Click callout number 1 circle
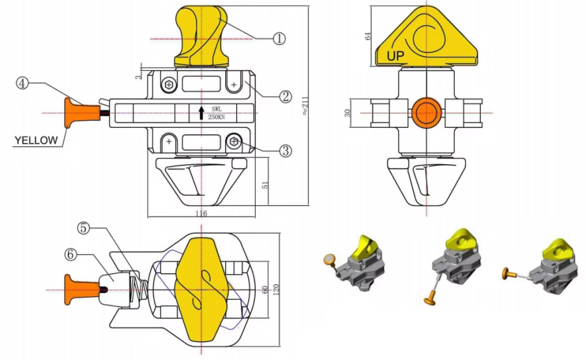[x=279, y=38]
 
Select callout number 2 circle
[x=285, y=97]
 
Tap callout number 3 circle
[x=285, y=151]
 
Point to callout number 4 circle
[x=23, y=84]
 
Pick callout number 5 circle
[x=83, y=228]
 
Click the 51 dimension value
[x=266, y=183]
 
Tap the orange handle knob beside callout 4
[x=71, y=112]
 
